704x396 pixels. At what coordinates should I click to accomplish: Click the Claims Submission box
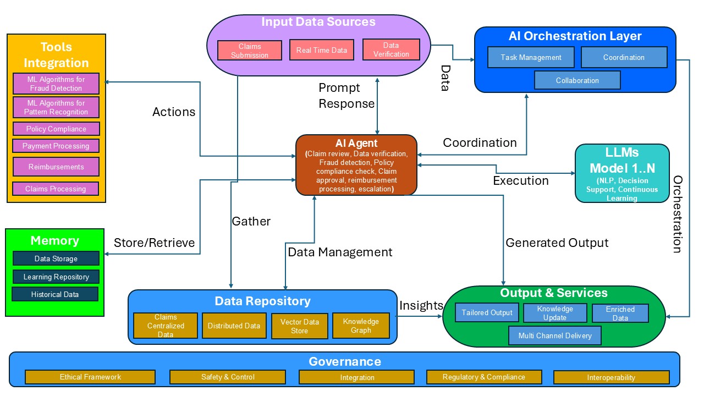point(250,51)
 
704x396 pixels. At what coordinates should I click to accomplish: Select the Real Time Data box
point(322,50)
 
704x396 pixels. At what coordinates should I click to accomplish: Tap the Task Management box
point(531,57)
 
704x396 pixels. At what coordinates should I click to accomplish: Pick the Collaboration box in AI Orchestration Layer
point(577,80)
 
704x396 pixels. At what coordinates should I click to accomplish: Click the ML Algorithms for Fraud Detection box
point(56,84)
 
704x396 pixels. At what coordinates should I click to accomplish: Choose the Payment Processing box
point(56,146)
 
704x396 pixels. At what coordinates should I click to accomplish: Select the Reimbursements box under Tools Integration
point(56,167)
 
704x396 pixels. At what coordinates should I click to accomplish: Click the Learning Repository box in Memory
point(56,277)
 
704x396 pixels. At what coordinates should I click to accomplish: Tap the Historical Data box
point(55,294)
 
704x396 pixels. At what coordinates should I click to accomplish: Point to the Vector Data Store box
point(299,326)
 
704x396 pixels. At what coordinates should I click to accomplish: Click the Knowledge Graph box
point(361,326)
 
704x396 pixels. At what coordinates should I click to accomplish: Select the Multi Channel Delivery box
point(555,335)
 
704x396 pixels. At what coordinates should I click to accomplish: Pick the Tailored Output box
point(487,312)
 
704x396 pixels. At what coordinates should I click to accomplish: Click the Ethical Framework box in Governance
point(90,377)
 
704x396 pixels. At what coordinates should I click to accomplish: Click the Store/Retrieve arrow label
point(154,243)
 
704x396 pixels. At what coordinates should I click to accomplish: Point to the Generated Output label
point(557,243)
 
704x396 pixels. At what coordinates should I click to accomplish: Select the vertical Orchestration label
point(678,214)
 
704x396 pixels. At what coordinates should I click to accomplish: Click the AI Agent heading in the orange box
point(356,144)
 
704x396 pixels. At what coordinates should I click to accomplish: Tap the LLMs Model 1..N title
point(622,161)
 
